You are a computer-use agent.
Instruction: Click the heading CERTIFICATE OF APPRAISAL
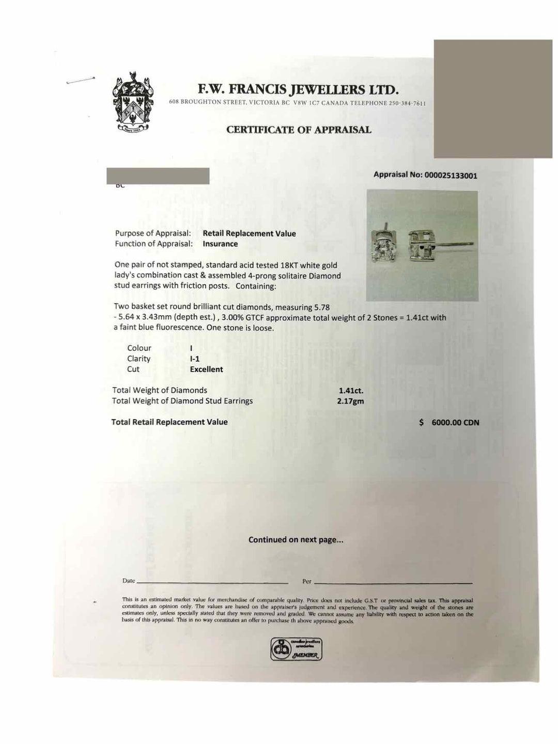pyautogui.click(x=299, y=130)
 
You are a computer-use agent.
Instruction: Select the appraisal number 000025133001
pyautogui.click(x=451, y=175)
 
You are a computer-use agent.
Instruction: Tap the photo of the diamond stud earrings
pyautogui.click(x=422, y=246)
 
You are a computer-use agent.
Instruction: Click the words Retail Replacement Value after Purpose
pyautogui.click(x=249, y=234)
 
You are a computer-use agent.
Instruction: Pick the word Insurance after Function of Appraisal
pyautogui.click(x=220, y=244)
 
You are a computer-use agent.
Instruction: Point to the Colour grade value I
pyautogui.click(x=192, y=348)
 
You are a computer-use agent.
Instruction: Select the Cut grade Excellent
pyautogui.click(x=206, y=369)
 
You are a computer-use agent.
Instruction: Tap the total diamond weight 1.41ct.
pyautogui.click(x=351, y=391)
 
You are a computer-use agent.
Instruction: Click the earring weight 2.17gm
pyautogui.click(x=350, y=401)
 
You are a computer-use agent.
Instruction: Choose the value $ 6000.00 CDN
pyautogui.click(x=450, y=423)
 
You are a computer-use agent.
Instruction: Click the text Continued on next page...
pyautogui.click(x=296, y=540)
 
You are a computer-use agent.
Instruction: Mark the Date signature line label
pyautogui.click(x=129, y=581)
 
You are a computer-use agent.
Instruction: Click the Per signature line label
pyautogui.click(x=307, y=581)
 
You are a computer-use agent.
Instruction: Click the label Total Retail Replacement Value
pyautogui.click(x=169, y=422)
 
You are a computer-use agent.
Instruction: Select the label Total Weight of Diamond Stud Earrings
pyautogui.click(x=182, y=401)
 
